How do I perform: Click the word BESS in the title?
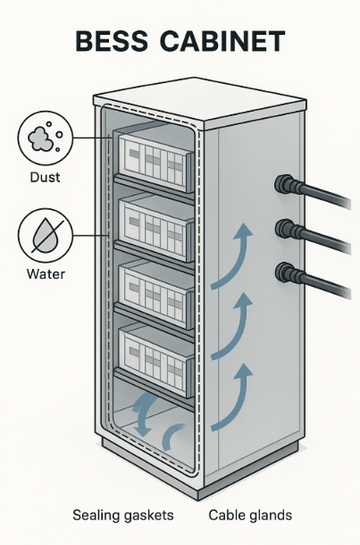tap(112, 41)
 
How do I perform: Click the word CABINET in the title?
tap(222, 41)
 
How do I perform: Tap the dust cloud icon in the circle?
tap(46, 138)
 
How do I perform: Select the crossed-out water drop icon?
tap(46, 235)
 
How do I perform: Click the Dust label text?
tap(45, 177)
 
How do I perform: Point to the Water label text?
tap(46, 274)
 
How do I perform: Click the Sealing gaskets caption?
tap(123, 515)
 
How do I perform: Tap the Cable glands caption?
tap(250, 515)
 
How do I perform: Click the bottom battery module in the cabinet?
tap(155, 362)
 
